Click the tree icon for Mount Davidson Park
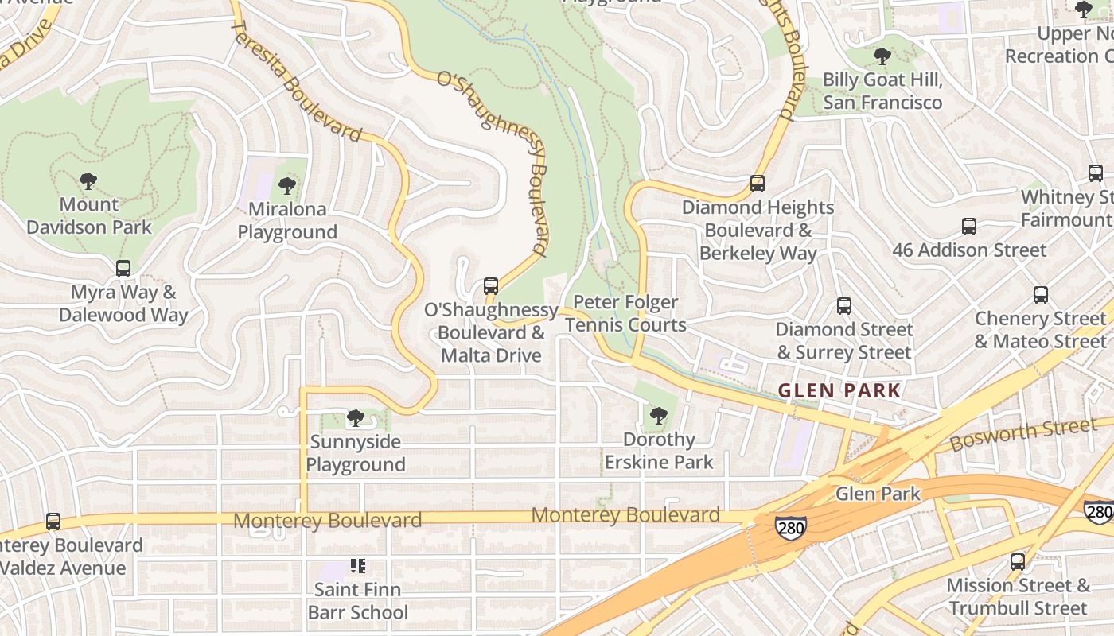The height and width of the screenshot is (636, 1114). pos(88,181)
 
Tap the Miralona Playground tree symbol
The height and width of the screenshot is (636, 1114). pos(287,186)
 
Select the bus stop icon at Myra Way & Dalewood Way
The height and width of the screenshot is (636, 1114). pos(123,269)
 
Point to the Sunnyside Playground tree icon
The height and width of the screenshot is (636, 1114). pos(355,418)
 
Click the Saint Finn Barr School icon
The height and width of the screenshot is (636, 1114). pos(357,567)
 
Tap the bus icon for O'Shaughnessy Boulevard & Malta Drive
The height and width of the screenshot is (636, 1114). pos(491,286)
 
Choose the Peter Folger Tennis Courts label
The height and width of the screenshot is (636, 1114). pos(625,313)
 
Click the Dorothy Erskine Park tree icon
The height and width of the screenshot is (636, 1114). pos(658,415)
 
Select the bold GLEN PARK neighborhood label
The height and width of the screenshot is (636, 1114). pos(839,390)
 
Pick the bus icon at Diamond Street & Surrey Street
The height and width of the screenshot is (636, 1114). pos(843,306)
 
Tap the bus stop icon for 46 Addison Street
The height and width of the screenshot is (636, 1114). pos(968,227)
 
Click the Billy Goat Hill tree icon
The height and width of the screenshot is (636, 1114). pos(882,56)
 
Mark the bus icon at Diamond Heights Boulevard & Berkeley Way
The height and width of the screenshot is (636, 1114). pos(757,184)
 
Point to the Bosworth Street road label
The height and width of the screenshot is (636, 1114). pos(1023,433)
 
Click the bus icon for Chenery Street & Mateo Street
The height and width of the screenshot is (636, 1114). pos(1040,295)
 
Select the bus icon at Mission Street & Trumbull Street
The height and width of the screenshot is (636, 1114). pos(1017,562)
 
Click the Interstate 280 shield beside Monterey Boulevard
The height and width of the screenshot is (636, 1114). pos(791,528)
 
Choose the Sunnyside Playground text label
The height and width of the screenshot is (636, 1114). pos(356,452)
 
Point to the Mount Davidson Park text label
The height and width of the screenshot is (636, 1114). pos(89,215)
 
